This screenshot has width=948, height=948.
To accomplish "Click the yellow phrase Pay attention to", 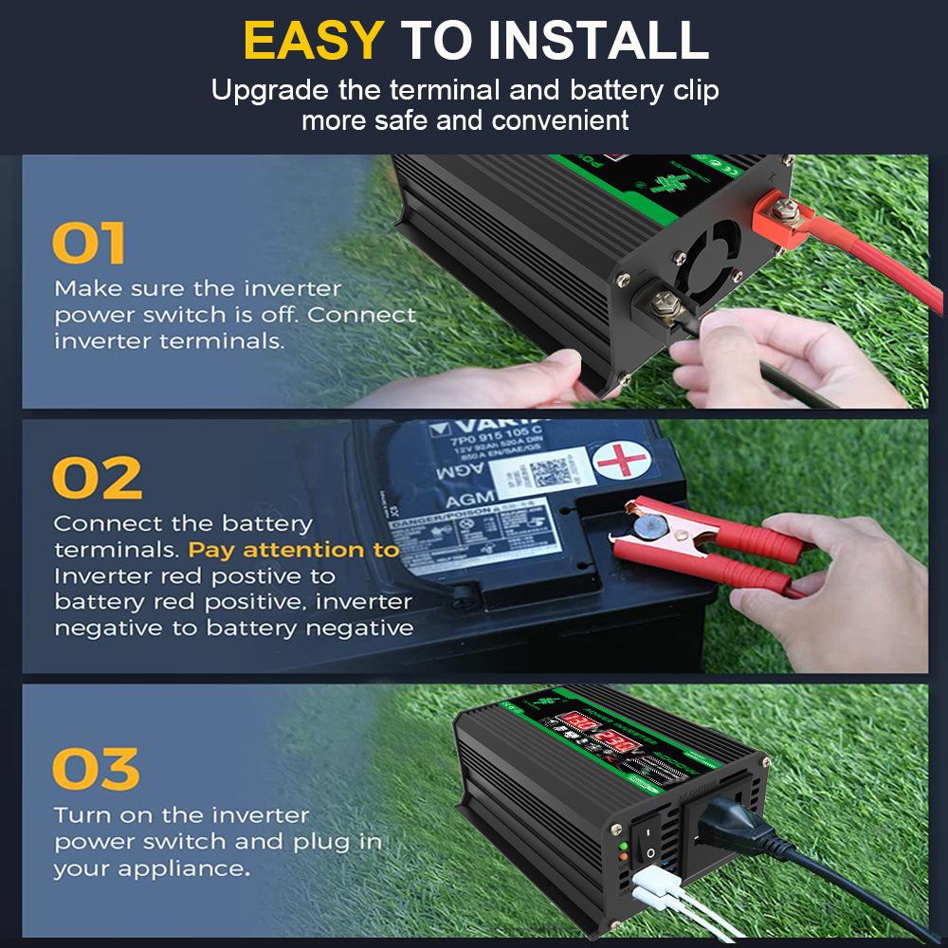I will pos(294,550).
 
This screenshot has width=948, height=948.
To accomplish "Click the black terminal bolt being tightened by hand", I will pos(664,303).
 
